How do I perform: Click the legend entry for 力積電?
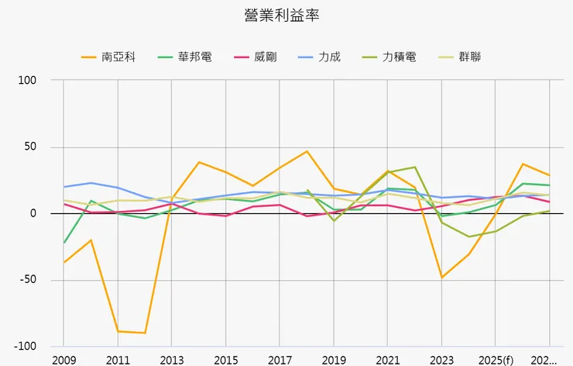(399, 57)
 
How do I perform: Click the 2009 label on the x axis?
(63, 361)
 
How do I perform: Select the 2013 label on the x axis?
(172, 361)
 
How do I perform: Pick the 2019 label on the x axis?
(334, 361)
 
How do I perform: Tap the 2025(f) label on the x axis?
(496, 361)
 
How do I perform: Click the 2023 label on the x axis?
(442, 361)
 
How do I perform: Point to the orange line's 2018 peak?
(307, 151)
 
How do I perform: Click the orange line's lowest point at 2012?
(145, 333)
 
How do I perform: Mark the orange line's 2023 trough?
(442, 278)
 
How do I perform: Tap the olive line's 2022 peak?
(415, 167)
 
